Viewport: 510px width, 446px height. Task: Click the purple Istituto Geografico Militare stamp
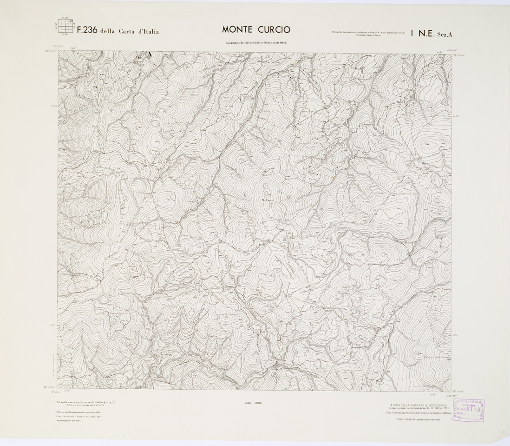click(x=469, y=411)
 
